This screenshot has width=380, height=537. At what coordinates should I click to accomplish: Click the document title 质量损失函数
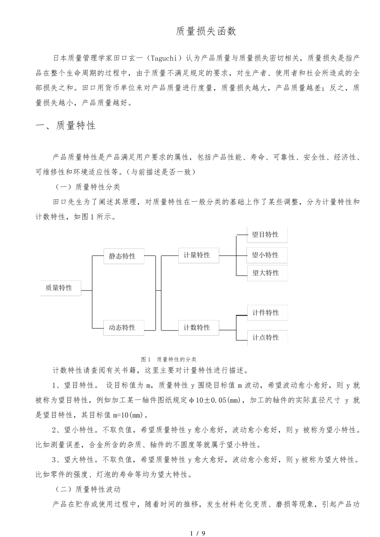pos(206,32)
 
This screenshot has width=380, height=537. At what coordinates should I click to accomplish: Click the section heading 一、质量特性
pos(66,125)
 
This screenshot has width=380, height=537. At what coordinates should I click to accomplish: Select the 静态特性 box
pos(123,256)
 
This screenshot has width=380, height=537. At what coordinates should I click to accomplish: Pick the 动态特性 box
pos(123,327)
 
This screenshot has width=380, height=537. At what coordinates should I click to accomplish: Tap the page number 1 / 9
pos(198,533)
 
